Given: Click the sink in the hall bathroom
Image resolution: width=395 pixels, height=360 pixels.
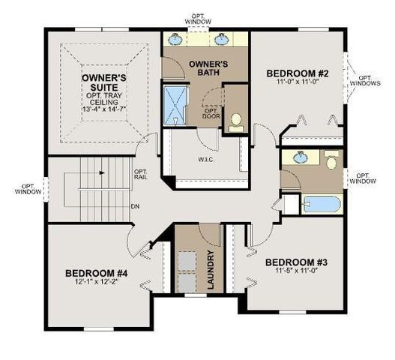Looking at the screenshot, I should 300,158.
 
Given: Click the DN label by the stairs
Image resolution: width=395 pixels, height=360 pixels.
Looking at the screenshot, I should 136,207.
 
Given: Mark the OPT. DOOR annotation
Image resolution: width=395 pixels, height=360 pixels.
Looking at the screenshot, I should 211,113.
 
